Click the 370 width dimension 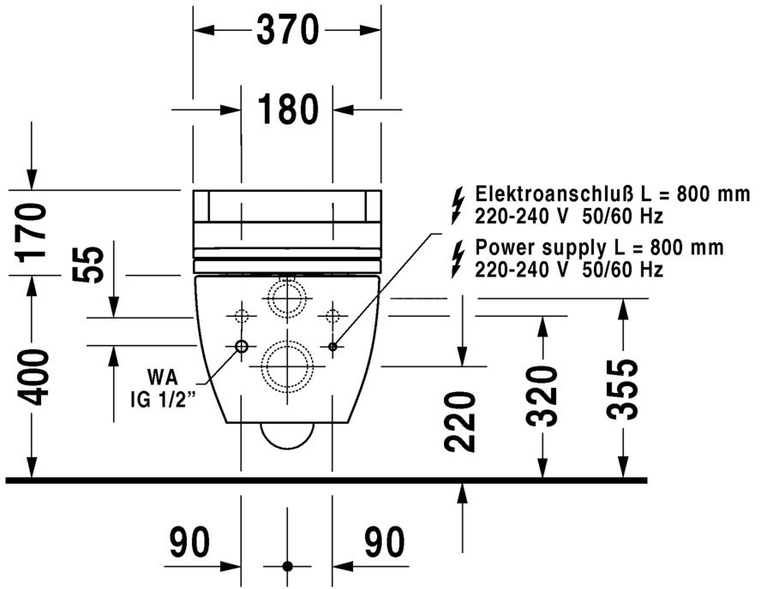(287, 31)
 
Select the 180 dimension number (287, 109)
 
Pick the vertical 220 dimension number (461, 422)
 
